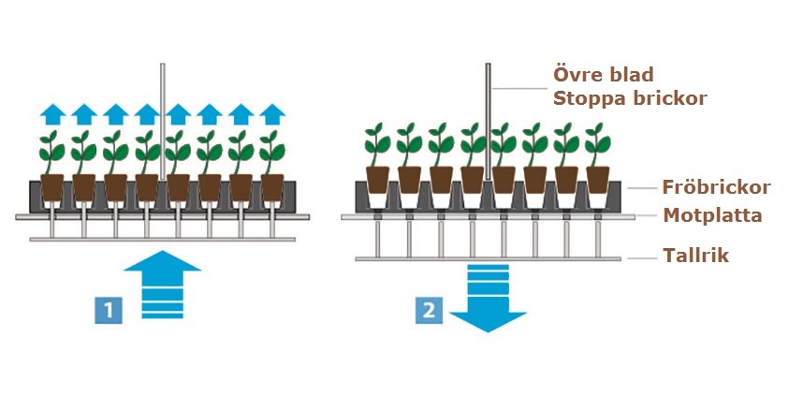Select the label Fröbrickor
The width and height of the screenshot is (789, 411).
(x=716, y=187)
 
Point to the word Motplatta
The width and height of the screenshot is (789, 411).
(x=712, y=215)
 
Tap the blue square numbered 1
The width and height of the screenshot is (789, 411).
(x=109, y=310)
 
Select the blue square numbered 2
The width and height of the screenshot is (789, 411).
(x=429, y=310)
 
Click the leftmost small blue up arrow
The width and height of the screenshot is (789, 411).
(x=52, y=115)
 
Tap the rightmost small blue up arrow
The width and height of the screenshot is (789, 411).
(x=272, y=115)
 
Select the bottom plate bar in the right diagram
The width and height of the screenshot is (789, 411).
(x=488, y=258)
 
